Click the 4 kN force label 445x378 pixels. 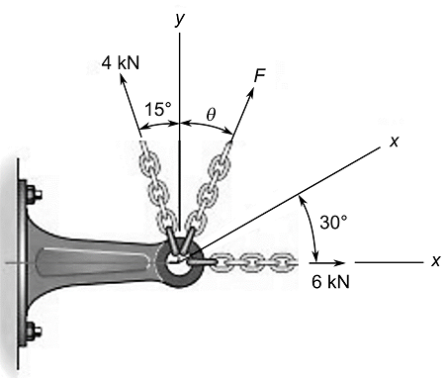point(121,62)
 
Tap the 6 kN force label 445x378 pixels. point(331,282)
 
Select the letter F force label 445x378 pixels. point(260,75)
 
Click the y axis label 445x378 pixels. point(179,18)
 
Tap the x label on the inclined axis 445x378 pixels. point(394,142)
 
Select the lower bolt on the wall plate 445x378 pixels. point(32,331)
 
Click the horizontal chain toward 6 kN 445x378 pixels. point(252,262)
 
